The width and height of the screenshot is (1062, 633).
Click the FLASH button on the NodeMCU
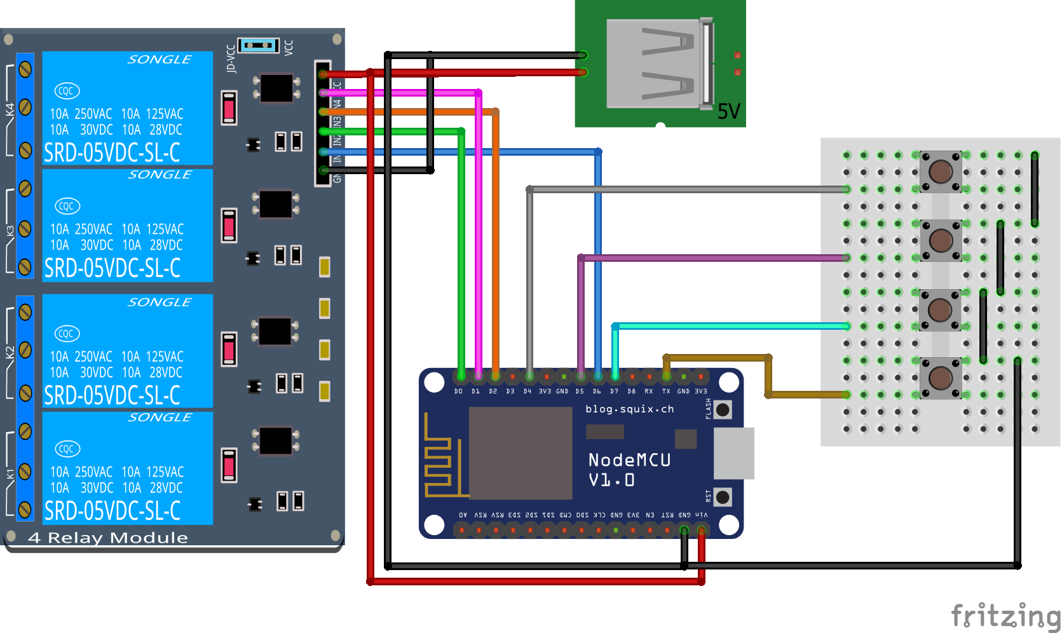coord(722,410)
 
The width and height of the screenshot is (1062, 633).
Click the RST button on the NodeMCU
coord(722,496)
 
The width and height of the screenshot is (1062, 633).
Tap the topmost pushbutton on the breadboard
coord(941,171)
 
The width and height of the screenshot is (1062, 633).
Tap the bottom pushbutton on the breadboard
coord(941,378)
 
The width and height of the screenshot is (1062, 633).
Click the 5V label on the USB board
coord(729,112)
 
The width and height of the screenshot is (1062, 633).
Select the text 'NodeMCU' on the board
coord(629,460)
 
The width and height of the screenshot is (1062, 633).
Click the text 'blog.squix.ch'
coord(629,409)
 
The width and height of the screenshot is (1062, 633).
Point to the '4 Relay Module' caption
coord(108,538)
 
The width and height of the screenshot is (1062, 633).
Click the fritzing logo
coord(1005,615)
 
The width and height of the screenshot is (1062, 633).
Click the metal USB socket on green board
coord(658,64)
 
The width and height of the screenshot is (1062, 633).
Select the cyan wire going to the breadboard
coord(731,326)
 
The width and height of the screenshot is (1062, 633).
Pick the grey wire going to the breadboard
coord(686,189)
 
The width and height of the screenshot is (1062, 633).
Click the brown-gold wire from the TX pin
coord(718,358)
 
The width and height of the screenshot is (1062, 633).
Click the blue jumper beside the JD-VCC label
coord(258,46)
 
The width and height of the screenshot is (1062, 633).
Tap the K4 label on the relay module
coord(10,109)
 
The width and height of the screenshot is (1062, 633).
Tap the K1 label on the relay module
coord(10,474)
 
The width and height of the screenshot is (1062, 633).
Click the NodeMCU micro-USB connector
coord(733,453)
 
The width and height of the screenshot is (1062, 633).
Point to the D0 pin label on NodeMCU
coord(458,391)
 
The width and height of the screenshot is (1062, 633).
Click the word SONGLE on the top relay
coord(159,60)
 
